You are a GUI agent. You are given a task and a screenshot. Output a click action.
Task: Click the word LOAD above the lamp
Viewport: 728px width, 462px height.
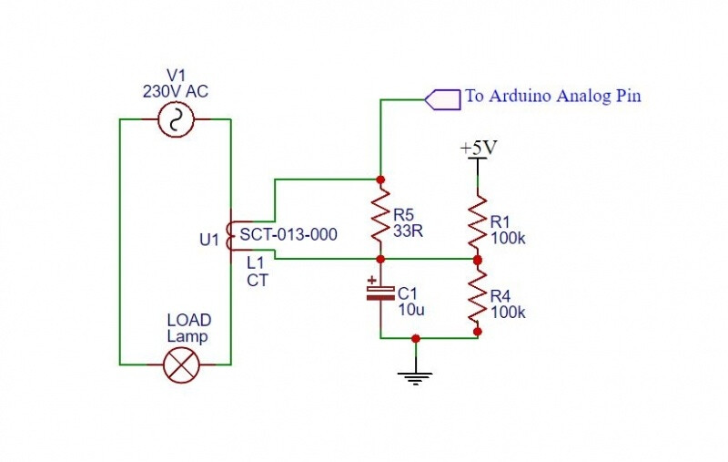pos(188,321)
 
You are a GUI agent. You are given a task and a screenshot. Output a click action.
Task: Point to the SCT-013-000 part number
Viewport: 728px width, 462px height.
pos(288,235)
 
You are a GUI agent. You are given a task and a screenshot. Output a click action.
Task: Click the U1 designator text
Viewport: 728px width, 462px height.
pos(209,240)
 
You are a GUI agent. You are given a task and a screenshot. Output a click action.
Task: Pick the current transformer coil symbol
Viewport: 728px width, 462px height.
pos(230,236)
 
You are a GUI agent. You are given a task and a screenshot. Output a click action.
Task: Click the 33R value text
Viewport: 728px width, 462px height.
pos(409,231)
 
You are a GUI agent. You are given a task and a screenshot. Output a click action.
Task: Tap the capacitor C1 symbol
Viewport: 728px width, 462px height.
pos(379,293)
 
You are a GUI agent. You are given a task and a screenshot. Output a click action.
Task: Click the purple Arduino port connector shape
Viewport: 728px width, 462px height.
pos(443,98)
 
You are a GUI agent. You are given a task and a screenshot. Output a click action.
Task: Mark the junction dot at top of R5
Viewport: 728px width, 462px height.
pos(380,179)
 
